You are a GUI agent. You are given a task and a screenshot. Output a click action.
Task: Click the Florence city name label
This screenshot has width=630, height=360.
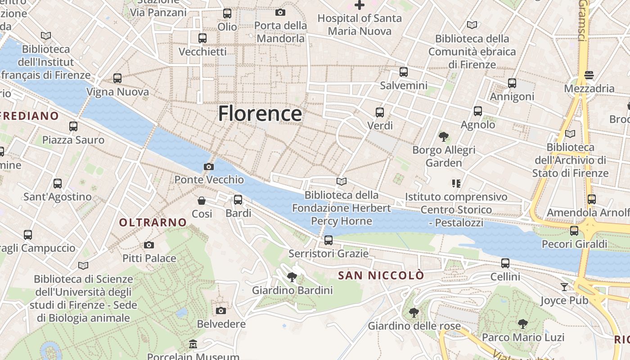pyautogui.click(x=260, y=113)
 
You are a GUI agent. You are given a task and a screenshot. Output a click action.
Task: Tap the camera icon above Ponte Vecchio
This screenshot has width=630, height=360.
pyautogui.click(x=208, y=166)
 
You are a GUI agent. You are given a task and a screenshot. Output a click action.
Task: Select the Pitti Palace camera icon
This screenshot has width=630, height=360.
pyautogui.click(x=149, y=245)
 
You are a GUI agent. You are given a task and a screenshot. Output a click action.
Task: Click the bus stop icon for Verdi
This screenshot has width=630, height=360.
pyautogui.click(x=380, y=112)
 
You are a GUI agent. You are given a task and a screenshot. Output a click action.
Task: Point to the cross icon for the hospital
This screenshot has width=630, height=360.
pyautogui.click(x=359, y=5)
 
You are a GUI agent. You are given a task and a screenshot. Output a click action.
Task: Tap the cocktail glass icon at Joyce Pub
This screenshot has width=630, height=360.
pyautogui.click(x=564, y=287)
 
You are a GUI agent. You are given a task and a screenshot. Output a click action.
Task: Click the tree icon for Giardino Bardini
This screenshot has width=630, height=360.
pyautogui.click(x=292, y=277)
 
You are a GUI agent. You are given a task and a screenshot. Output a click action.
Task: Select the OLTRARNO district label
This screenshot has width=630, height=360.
pyautogui.click(x=153, y=222)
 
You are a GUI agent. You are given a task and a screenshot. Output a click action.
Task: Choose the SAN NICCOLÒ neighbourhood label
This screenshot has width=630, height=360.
pyautogui.click(x=381, y=275)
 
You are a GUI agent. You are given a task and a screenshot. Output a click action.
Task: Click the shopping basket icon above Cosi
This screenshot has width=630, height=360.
pyautogui.click(x=202, y=200)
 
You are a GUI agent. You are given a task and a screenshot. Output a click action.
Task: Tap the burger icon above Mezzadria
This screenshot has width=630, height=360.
pyautogui.click(x=589, y=75)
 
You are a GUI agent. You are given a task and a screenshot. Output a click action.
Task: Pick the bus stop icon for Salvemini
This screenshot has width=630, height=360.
pyautogui.click(x=404, y=72)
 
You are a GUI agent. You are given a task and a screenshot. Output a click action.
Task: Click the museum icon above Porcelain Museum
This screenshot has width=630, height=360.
pyautogui.click(x=193, y=344)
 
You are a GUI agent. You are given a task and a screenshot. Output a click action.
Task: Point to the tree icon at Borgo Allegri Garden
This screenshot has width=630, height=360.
pyautogui.click(x=444, y=136)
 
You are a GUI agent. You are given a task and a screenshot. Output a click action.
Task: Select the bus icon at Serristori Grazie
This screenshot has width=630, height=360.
pyautogui.click(x=328, y=240)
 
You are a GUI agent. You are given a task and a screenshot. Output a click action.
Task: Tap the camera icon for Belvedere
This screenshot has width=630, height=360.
pyautogui.click(x=220, y=310)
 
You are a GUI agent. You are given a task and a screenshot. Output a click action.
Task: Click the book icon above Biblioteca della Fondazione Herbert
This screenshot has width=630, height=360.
pyautogui.click(x=342, y=181)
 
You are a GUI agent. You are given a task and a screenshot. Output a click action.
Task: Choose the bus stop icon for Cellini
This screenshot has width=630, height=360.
pyautogui.click(x=505, y=263)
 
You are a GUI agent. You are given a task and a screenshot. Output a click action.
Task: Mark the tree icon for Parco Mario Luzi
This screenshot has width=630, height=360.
pyautogui.click(x=522, y=324)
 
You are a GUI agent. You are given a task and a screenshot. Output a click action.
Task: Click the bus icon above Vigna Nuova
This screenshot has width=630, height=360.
pyautogui.click(x=117, y=78)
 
